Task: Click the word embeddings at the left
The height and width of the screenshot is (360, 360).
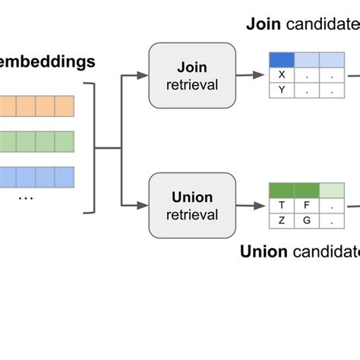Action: coord(46,62)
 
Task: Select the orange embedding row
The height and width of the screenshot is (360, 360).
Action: coord(36,105)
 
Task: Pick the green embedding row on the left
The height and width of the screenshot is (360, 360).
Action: coord(36,141)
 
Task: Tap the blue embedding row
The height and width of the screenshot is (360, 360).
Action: coord(36,177)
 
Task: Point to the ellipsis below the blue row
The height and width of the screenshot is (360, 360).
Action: coord(25,197)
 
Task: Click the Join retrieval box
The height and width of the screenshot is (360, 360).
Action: coord(193,75)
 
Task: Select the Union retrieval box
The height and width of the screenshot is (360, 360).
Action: coord(193,205)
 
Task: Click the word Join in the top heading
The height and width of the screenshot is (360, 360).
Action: coord(263,24)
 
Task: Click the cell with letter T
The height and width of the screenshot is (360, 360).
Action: coord(283,205)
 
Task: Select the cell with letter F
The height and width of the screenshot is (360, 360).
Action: coord(308,205)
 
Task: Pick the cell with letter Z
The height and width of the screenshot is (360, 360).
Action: coord(283,220)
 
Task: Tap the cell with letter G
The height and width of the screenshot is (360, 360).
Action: coord(308,220)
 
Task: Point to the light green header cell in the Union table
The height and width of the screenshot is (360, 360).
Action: coord(331,190)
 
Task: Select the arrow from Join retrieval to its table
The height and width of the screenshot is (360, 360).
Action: coord(250,74)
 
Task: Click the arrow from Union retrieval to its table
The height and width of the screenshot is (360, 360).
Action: coord(250,205)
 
